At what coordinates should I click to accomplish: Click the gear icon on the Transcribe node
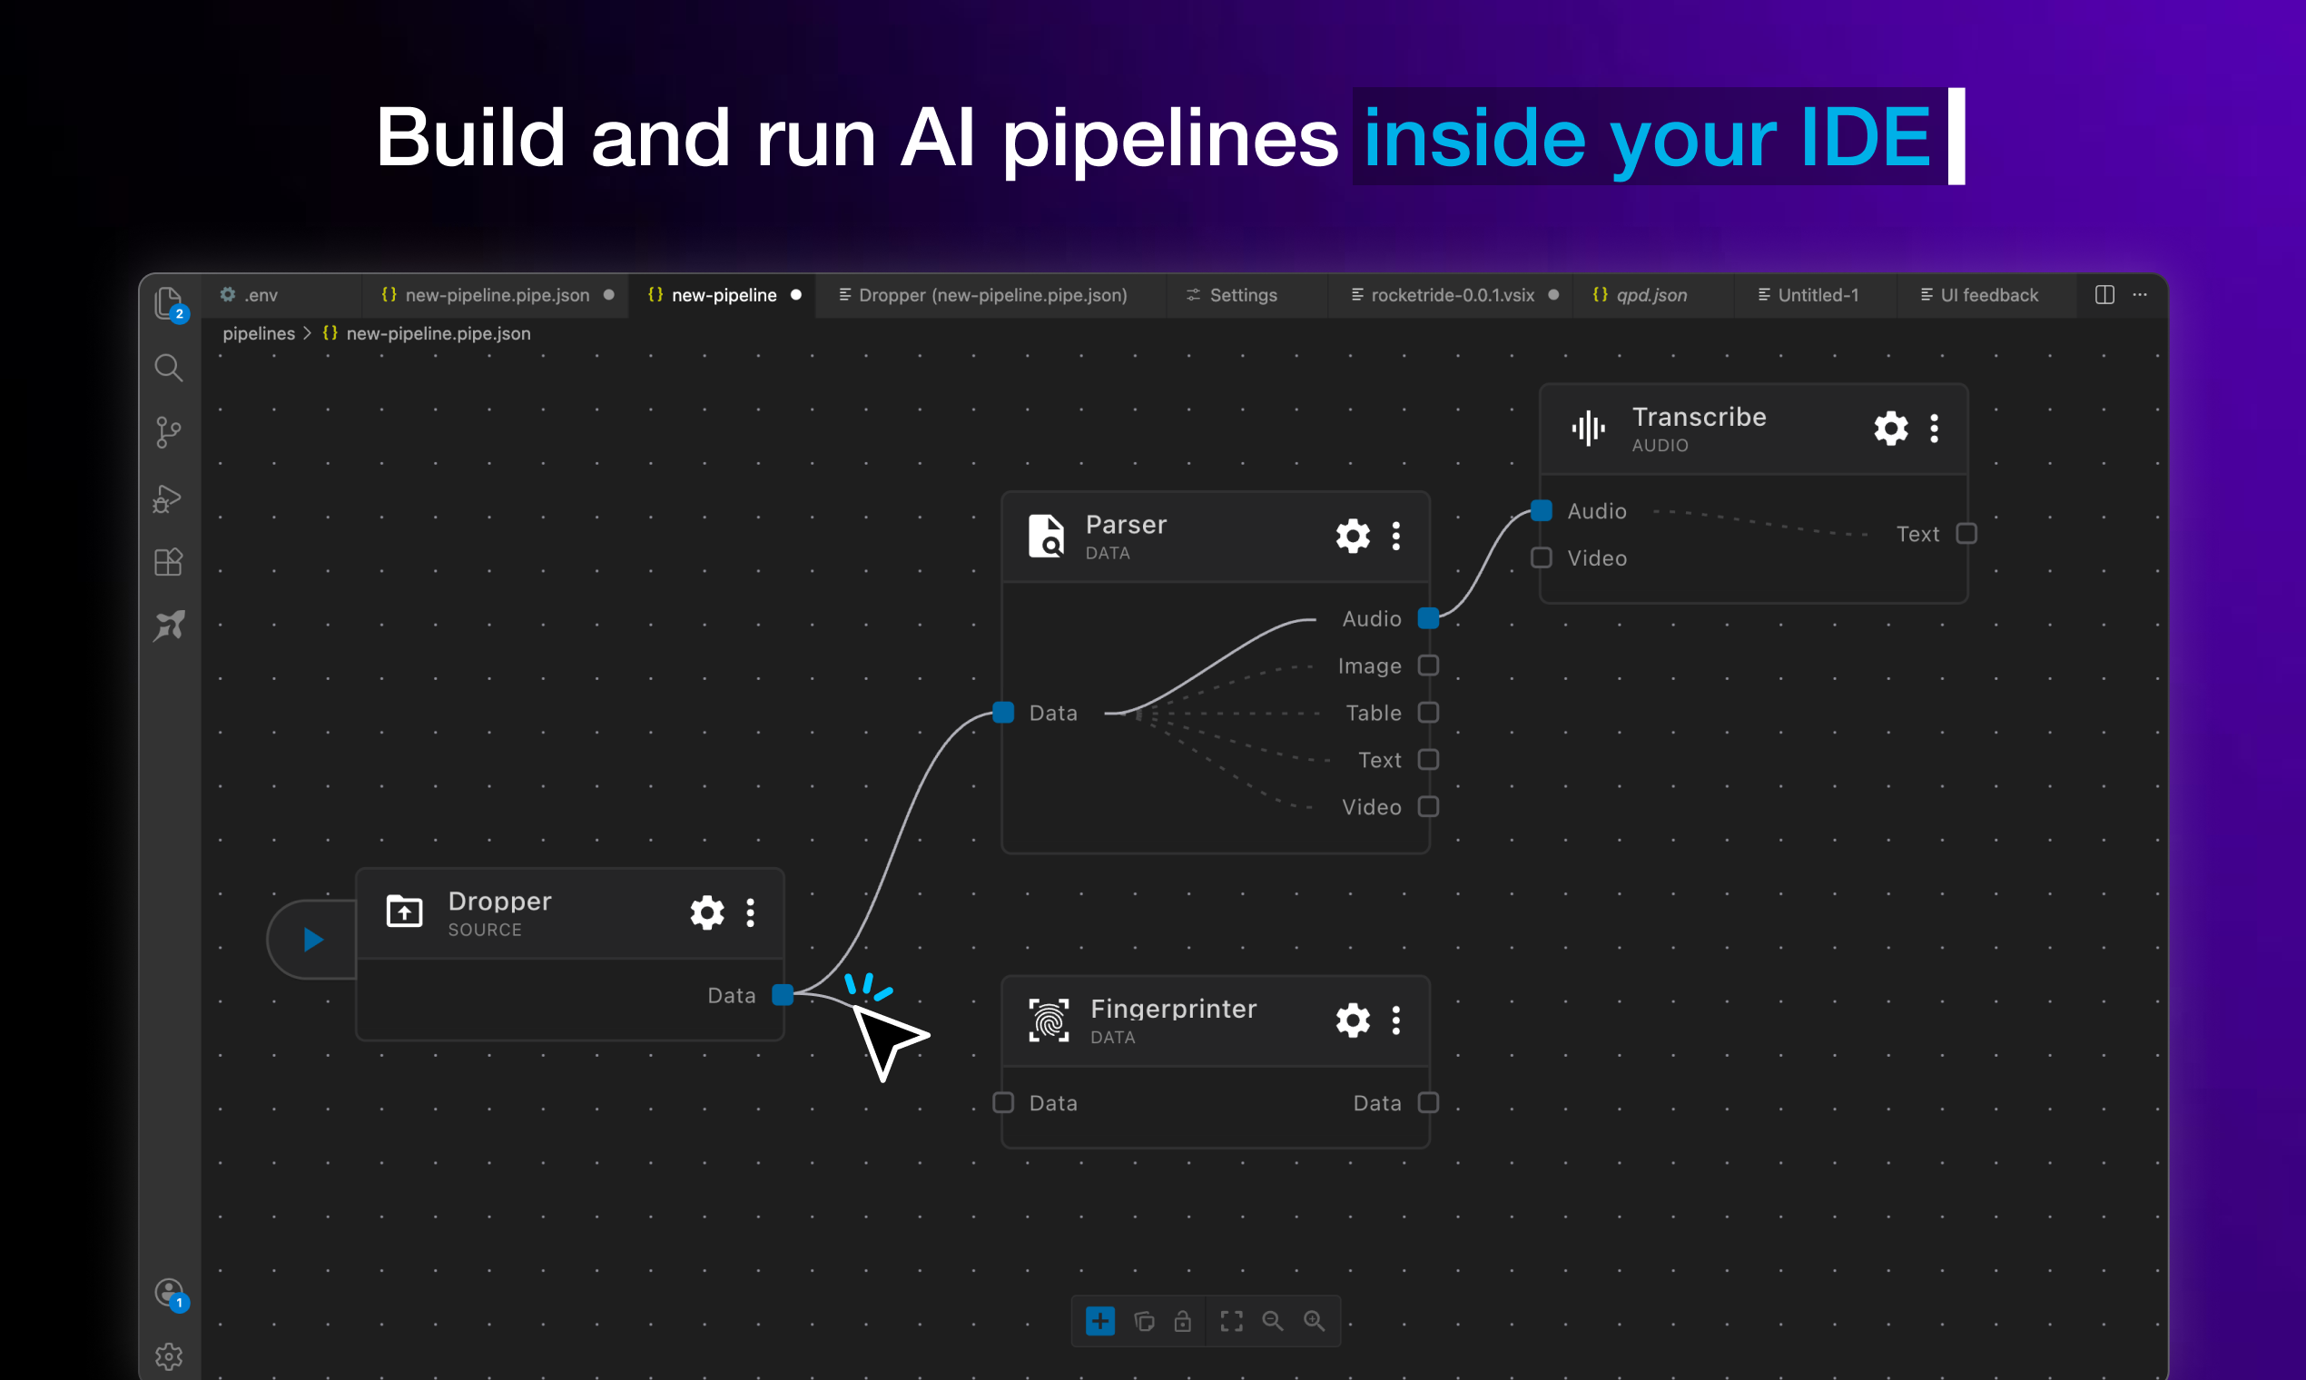(1890, 429)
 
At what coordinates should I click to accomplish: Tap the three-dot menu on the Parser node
(1395, 537)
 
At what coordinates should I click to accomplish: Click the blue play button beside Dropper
(313, 940)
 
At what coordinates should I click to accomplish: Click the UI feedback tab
(1988, 296)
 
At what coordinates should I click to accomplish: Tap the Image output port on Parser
(1428, 665)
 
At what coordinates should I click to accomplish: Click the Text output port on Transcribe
(1966, 534)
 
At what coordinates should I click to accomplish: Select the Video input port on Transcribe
(1542, 558)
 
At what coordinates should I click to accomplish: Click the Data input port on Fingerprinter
(1003, 1103)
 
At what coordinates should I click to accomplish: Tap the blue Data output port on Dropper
(783, 995)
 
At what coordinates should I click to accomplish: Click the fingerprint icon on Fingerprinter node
(1049, 1021)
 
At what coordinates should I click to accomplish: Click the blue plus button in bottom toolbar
(1100, 1320)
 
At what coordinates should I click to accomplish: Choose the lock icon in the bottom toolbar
(1183, 1320)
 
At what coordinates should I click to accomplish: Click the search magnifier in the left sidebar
(168, 369)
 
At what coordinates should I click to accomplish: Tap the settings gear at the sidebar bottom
(168, 1356)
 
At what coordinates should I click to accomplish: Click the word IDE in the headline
(1865, 138)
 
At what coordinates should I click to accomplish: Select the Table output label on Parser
(1374, 714)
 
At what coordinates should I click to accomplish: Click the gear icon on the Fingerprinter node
(1353, 1021)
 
